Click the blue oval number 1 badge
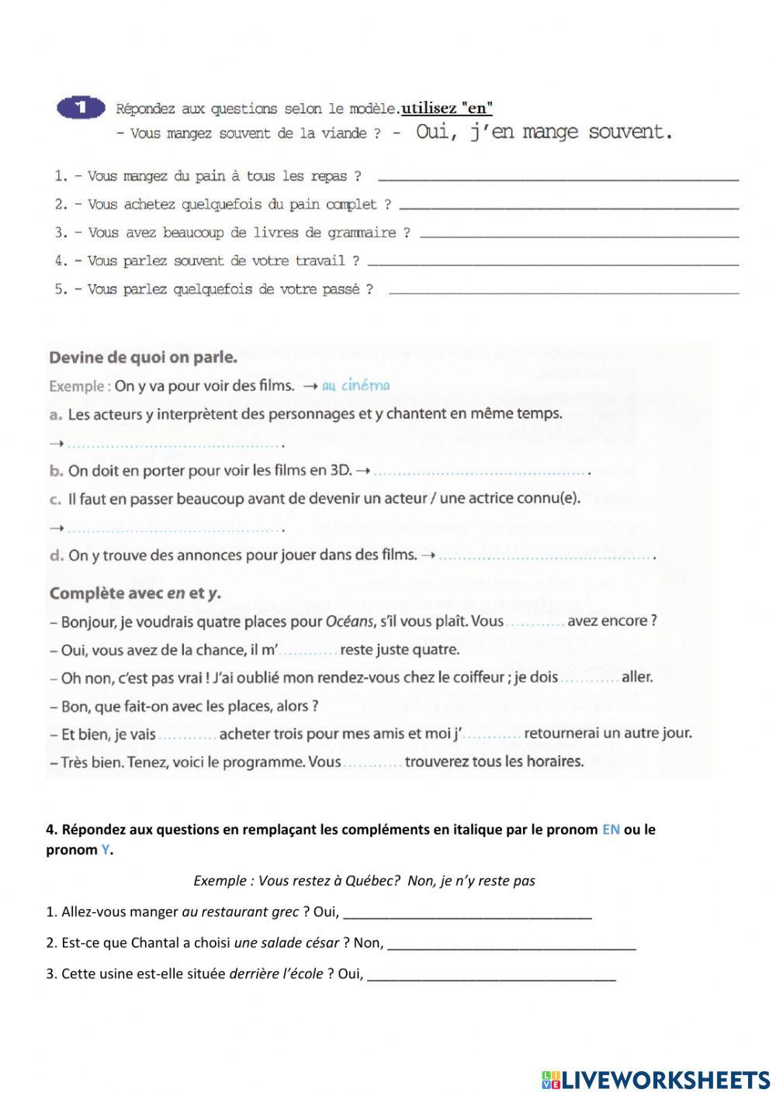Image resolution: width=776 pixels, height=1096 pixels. point(81,109)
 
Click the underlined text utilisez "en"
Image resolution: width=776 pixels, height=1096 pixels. point(447,109)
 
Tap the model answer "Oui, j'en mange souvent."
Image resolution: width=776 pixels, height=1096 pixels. point(543,132)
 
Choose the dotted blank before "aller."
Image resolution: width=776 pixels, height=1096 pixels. point(589,678)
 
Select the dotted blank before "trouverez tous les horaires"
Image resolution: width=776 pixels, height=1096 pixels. point(372,762)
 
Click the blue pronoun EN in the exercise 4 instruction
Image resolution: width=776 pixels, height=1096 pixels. point(611,830)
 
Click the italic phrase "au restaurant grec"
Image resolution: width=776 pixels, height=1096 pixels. point(241,912)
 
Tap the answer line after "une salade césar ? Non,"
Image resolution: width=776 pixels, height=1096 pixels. point(511,946)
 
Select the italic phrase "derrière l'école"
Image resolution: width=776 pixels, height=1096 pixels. point(276,974)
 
